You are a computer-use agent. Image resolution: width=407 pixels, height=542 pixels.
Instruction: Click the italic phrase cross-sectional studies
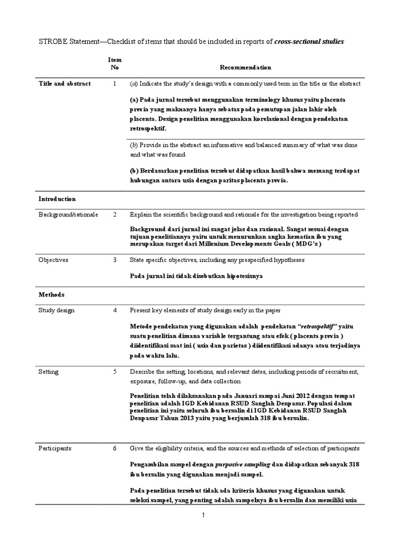[x=309, y=41]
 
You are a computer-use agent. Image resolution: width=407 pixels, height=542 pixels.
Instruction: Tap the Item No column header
[x=114, y=64]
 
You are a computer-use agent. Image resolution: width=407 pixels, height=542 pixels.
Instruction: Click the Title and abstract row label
[x=65, y=84]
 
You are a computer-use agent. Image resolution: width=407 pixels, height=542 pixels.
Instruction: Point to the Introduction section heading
[x=57, y=199]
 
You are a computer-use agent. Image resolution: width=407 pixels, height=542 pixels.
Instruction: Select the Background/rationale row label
[x=68, y=214]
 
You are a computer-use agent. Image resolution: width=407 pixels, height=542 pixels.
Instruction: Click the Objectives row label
[x=53, y=260]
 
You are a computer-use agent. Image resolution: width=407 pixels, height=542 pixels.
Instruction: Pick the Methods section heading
[x=51, y=294]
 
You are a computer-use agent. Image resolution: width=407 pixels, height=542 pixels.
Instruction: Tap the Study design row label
[x=56, y=310]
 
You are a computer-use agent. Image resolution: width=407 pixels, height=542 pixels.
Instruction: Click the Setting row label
[x=49, y=372]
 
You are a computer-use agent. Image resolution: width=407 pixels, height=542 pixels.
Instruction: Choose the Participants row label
[x=55, y=448]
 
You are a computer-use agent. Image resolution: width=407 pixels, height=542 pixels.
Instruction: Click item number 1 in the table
[x=114, y=84]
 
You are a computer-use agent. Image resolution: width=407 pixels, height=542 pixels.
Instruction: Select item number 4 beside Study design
[x=114, y=310]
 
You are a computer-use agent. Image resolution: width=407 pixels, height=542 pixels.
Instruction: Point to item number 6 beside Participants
[x=114, y=448]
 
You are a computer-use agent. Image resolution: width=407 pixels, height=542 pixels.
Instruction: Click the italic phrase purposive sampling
[x=243, y=464]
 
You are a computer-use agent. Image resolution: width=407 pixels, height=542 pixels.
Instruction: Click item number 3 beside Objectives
[x=114, y=260]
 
